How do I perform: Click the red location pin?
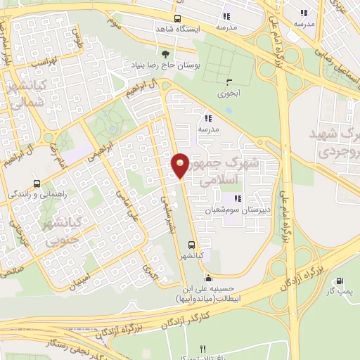[x=181, y=165]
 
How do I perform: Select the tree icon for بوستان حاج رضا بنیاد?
[x=165, y=53]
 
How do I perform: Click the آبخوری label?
[x=229, y=93]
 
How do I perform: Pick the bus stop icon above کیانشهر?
[x=191, y=245]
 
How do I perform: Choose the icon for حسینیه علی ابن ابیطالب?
[x=208, y=278]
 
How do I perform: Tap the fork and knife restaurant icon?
[x=203, y=349]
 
